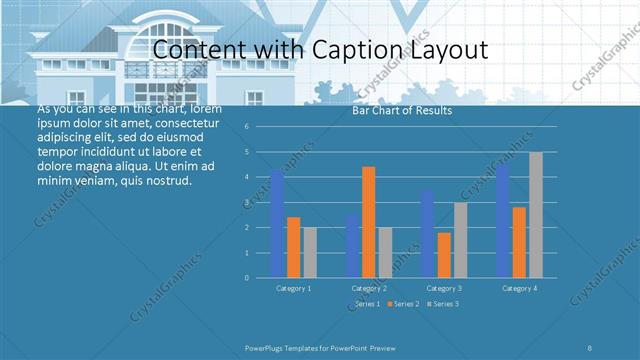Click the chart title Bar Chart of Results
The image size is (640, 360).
click(x=402, y=111)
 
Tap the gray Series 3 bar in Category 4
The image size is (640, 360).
click(x=535, y=215)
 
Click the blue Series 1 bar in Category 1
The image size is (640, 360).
click(x=277, y=224)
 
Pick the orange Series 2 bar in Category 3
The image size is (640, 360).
click(x=443, y=255)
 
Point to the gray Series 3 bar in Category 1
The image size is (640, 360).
click(x=310, y=252)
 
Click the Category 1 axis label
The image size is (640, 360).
click(x=293, y=288)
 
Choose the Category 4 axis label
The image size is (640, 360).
click(x=518, y=288)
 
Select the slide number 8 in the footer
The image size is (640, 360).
click(x=590, y=346)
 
